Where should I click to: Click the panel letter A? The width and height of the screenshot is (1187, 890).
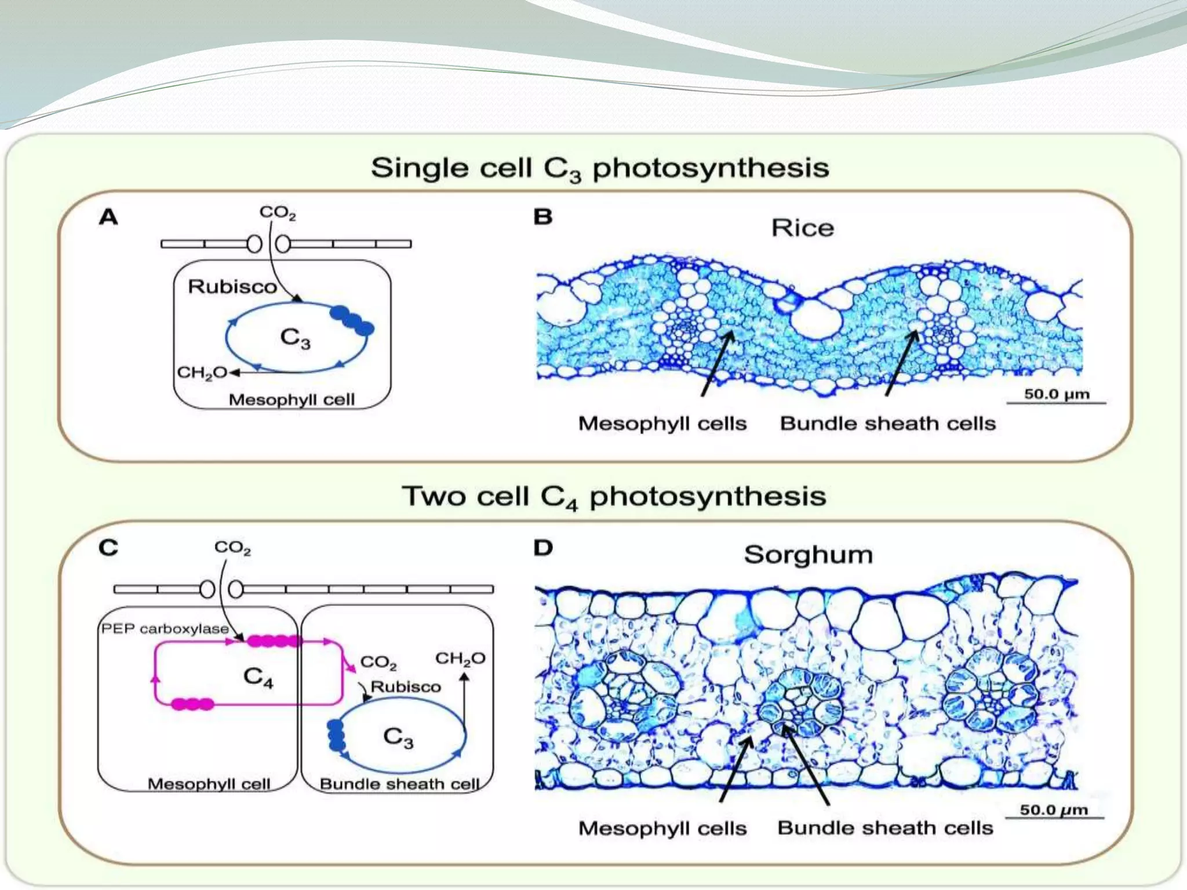pos(108,217)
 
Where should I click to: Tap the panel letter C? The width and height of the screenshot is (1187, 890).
pos(108,548)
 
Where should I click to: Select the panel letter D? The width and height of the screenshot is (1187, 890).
pos(543,548)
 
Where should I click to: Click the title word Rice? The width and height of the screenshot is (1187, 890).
pos(802,228)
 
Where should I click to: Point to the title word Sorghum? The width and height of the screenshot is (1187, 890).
pos(808,555)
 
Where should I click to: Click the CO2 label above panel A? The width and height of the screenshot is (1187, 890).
pos(277,213)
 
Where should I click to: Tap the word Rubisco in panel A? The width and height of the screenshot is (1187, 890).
pos(232,286)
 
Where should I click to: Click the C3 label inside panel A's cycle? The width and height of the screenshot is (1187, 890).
pos(295,338)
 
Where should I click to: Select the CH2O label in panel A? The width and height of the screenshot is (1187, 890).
pos(202,372)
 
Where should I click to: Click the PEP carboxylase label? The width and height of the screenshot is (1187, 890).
pos(165,629)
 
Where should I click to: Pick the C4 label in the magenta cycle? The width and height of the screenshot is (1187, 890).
pos(258,677)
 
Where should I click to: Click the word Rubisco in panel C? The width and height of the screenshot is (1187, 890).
pos(405,687)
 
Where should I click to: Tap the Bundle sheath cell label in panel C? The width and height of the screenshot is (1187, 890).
pos(399,784)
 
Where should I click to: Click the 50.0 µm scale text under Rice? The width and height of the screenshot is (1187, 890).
pos(1056,394)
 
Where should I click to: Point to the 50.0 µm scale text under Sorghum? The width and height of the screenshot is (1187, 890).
pos(1054,809)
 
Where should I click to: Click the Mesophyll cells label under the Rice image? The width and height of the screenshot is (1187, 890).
pos(662,424)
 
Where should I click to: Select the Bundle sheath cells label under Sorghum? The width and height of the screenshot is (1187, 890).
pos(885,827)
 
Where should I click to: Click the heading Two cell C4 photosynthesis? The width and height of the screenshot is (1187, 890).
pos(614,497)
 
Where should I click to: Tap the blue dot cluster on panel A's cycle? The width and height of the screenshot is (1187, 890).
pos(352,320)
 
